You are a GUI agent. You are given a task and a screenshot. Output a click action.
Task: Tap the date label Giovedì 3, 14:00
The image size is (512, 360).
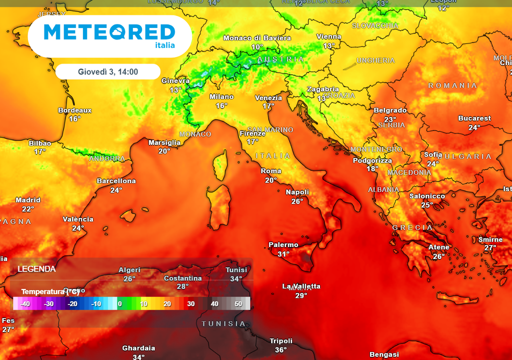click(x=107, y=71)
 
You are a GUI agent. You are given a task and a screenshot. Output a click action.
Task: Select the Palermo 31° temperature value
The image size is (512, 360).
click(x=283, y=254)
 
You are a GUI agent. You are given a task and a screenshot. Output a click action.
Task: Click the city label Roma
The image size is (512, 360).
click(x=271, y=171)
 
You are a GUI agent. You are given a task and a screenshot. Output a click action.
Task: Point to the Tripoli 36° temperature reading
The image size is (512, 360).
click(x=280, y=350)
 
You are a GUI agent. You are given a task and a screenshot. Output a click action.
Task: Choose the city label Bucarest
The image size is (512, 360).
click(x=474, y=118)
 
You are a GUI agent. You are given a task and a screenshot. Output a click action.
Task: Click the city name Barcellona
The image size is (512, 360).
click(x=116, y=181)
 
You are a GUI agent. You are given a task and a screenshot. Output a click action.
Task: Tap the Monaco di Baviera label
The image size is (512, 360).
click(x=257, y=38)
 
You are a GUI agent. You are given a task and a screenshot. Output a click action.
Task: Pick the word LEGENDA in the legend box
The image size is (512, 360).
click(x=36, y=269)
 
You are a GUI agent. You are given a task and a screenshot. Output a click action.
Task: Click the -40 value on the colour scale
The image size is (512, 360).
click(x=25, y=303)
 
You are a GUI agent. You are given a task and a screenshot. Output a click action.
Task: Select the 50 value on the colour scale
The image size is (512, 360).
click(x=238, y=303)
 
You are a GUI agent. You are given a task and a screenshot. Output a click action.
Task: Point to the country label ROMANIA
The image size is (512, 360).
click(x=452, y=85)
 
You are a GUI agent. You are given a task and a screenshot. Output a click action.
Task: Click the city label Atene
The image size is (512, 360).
click(x=438, y=247)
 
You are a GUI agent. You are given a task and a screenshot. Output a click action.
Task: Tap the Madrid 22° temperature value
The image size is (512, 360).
click(x=27, y=209)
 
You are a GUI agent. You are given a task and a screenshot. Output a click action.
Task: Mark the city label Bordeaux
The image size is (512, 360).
click(x=75, y=110)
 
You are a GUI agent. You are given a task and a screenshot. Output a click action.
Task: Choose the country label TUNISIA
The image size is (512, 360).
click(x=223, y=323)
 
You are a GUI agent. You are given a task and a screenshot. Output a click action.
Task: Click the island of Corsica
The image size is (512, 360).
click(x=219, y=167)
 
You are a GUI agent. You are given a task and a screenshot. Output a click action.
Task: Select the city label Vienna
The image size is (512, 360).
click(x=329, y=36)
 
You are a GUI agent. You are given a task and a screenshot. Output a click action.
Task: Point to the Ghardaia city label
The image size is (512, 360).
click(x=138, y=348)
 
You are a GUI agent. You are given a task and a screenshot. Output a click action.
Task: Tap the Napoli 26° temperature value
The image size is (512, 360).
click(x=297, y=201)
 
